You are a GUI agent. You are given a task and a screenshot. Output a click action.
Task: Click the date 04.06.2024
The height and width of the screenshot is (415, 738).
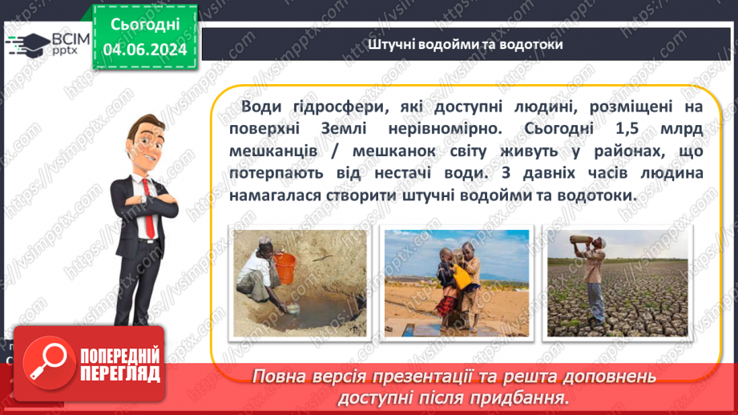(145, 50)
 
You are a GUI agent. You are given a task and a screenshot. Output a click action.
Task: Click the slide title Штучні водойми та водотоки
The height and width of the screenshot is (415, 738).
(466, 44)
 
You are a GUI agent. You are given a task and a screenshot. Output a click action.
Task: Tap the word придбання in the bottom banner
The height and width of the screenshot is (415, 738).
(531, 397)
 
